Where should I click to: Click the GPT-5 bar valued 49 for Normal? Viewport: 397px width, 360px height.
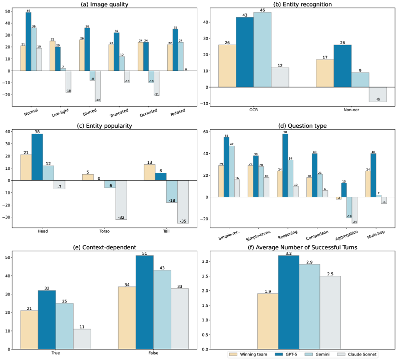click(x=28, y=42)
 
